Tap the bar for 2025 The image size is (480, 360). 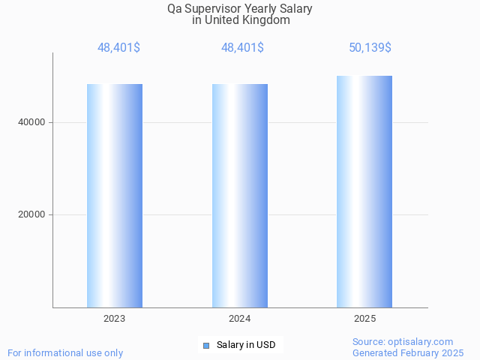(x=364, y=191)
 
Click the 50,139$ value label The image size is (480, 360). (x=370, y=48)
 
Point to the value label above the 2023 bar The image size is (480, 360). (x=118, y=48)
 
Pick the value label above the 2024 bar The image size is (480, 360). (x=242, y=48)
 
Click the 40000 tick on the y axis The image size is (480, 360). (x=31, y=122)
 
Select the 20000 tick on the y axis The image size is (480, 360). (x=31, y=215)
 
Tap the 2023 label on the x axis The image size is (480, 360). (x=115, y=319)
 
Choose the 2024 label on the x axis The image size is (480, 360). (x=240, y=319)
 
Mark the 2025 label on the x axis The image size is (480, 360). (x=364, y=319)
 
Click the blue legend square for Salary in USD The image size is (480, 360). (x=206, y=345)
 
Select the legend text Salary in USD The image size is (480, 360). (x=246, y=345)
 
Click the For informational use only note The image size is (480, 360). (x=65, y=352)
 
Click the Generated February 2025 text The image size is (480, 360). (x=408, y=352)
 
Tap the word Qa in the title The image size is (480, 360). (x=175, y=10)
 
